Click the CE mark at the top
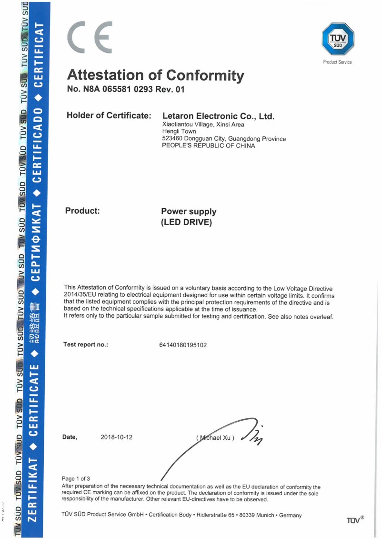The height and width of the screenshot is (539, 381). (x=90, y=37)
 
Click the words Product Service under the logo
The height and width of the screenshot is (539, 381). (x=337, y=62)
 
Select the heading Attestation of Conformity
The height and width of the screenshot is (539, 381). (x=156, y=75)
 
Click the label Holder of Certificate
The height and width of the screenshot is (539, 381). (x=109, y=115)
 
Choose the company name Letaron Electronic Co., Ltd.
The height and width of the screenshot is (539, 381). (x=219, y=116)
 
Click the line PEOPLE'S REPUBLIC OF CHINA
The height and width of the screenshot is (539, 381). (x=209, y=145)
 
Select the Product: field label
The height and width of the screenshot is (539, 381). (x=82, y=211)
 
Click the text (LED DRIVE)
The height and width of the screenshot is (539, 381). (x=186, y=222)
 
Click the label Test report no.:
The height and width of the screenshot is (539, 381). (x=86, y=344)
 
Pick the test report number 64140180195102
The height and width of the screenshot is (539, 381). (x=183, y=344)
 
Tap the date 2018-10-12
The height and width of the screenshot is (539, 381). (x=117, y=437)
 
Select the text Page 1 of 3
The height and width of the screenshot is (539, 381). (x=76, y=478)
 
